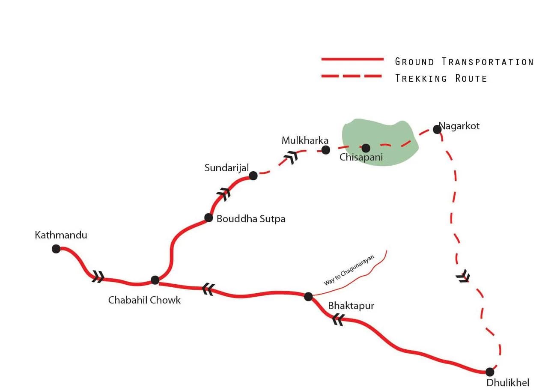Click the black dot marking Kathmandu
click(56, 249)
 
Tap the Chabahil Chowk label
click(144, 300)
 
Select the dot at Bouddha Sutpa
click(209, 218)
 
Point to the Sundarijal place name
click(226, 168)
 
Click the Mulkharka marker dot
click(326, 149)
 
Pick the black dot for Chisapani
click(366, 148)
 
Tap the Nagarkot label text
click(459, 126)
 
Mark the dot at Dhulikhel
click(490, 372)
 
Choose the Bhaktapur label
click(351, 306)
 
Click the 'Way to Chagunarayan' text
click(349, 270)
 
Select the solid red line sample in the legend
click(352, 59)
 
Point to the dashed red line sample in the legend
click(352, 76)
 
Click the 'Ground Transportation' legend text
click(464, 62)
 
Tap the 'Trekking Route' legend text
click(441, 78)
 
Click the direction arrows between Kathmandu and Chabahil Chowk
click(98, 277)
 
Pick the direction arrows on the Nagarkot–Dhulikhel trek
click(463, 277)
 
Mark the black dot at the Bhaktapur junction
click(308, 296)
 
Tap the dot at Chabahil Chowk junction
click(155, 280)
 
